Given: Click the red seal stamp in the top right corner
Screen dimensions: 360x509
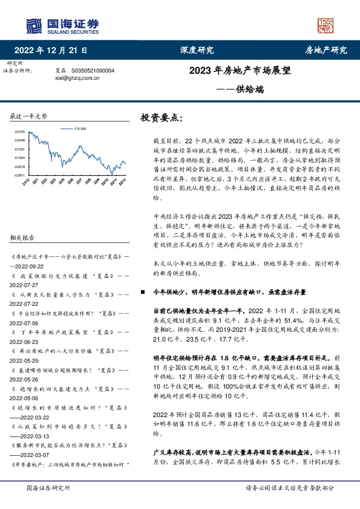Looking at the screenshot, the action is pyautogui.click(x=326, y=25).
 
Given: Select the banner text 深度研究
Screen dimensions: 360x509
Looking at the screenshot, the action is pyautogui.click(x=197, y=50).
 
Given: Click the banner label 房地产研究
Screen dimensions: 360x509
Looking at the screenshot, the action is pyautogui.click(x=325, y=50).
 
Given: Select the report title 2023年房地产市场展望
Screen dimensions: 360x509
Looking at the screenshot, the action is pyautogui.click(x=240, y=70).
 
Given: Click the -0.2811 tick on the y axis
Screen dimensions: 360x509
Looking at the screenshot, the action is pyautogui.click(x=20, y=175).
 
